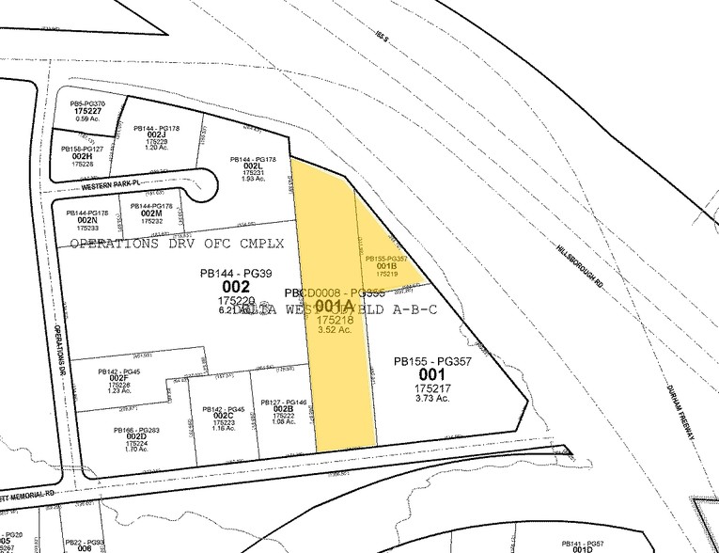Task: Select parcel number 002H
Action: (82, 156)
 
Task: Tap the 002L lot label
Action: (252, 166)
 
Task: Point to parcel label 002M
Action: (151, 213)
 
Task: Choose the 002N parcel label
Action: (86, 220)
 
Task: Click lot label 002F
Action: (118, 378)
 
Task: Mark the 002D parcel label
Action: (135, 436)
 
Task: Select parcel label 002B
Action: (284, 409)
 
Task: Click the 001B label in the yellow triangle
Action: (386, 265)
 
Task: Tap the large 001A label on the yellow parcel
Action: (336, 306)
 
